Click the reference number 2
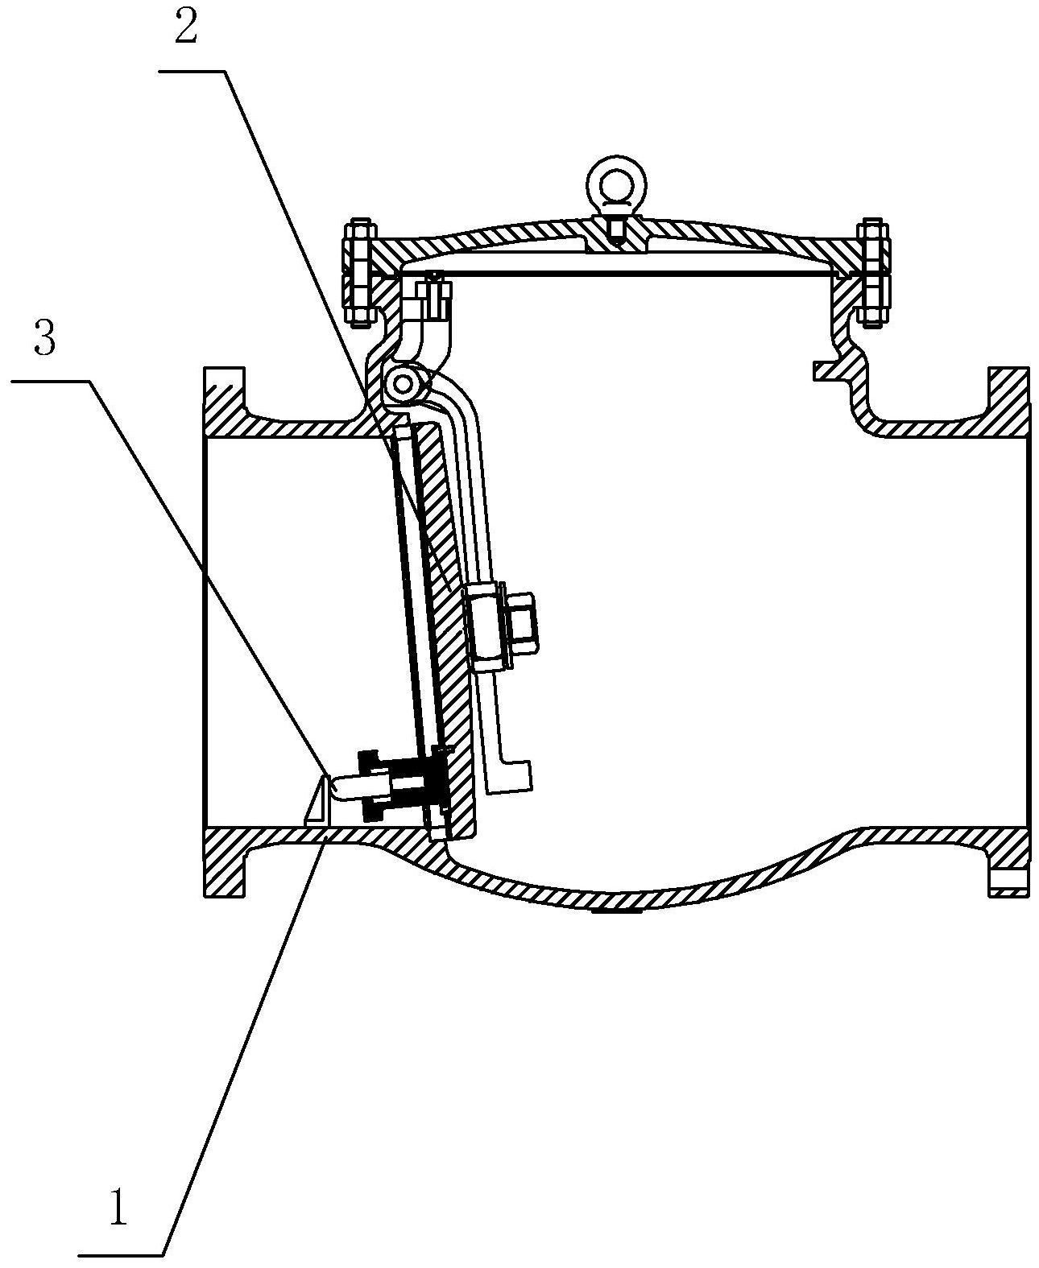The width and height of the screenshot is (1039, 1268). point(186,31)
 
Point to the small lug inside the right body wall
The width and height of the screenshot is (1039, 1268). point(826,370)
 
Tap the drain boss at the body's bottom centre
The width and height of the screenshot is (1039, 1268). point(616,912)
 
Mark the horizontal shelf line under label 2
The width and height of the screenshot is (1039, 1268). point(192,71)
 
